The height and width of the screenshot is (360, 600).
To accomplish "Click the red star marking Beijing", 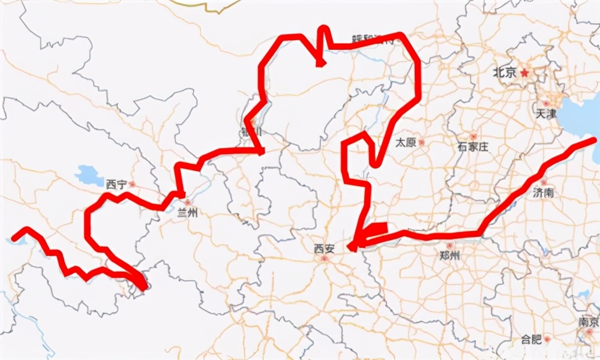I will coord(525,73).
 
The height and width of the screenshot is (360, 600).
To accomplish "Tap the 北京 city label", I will coord(504,73).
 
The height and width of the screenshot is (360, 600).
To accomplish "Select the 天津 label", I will coord(547,113).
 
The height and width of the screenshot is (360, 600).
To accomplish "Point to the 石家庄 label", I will coord(473,147).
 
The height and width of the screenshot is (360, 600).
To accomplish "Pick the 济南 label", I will coord(543,193).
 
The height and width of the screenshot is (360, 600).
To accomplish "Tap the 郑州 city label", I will coord(449,256).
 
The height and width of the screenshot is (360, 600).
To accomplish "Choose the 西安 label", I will coord(325,248).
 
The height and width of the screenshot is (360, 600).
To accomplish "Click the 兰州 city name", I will coord(187,212).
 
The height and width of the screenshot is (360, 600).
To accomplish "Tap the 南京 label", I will coord(589,322).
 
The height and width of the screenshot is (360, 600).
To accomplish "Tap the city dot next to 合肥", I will coord(547,340).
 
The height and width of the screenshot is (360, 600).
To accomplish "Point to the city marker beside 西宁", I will coord(132,184).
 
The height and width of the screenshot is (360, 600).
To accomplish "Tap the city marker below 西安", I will coord(325,259).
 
